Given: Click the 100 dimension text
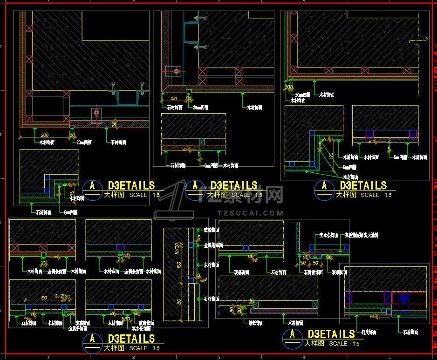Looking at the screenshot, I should pyautogui.click(x=174, y=98).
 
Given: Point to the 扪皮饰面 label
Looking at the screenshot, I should pyautogui.click(x=368, y=332).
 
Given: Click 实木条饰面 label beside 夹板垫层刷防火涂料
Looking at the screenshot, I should pyautogui.click(x=329, y=236).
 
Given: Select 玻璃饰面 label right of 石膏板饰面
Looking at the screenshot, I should pyautogui.click(x=339, y=272).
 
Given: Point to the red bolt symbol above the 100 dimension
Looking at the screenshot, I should pyautogui.click(x=176, y=71).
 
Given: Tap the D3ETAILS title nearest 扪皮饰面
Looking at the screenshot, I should pyautogui.click(x=331, y=334).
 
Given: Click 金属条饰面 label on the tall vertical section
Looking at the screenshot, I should pyautogui.click(x=213, y=245).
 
